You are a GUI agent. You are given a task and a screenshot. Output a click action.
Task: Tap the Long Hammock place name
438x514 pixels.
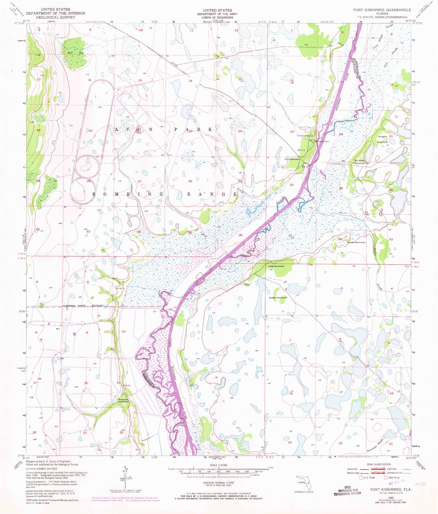(276, 266)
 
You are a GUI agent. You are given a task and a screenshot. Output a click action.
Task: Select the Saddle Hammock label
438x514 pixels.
(278, 298)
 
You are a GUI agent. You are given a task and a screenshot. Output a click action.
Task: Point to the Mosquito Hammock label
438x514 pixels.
(123, 400)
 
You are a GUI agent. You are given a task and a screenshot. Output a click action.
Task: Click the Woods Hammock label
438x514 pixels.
(356, 243)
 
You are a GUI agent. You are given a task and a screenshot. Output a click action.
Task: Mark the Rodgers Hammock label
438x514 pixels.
(383, 139)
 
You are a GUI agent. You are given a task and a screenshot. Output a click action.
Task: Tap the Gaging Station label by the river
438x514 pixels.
(323, 141)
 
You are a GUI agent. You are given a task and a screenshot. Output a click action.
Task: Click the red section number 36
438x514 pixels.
(240, 235)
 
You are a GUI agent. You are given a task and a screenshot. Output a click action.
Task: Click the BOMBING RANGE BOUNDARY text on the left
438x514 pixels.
(84, 306)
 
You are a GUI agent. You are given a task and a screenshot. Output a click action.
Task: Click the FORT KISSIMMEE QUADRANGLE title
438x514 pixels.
(382, 10)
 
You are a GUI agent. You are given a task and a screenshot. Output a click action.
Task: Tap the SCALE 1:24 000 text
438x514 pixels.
(218, 465)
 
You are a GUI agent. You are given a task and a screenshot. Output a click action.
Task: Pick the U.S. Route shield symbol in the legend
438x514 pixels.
(361, 477)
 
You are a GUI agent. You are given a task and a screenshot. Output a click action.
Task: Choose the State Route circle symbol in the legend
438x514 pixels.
(385, 477)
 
